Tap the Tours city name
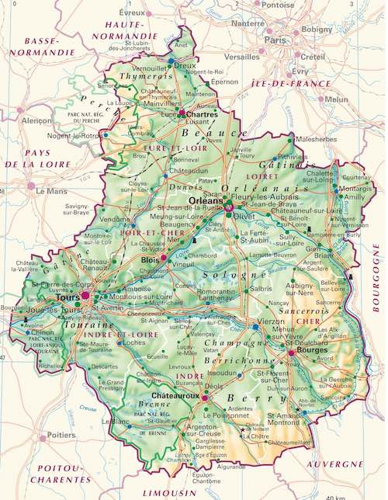tap(68, 297)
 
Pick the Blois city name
tap(152, 261)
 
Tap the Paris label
tap(275, 40)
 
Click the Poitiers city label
tap(61, 436)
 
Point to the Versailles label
tap(241, 57)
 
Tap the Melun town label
tap(338, 99)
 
